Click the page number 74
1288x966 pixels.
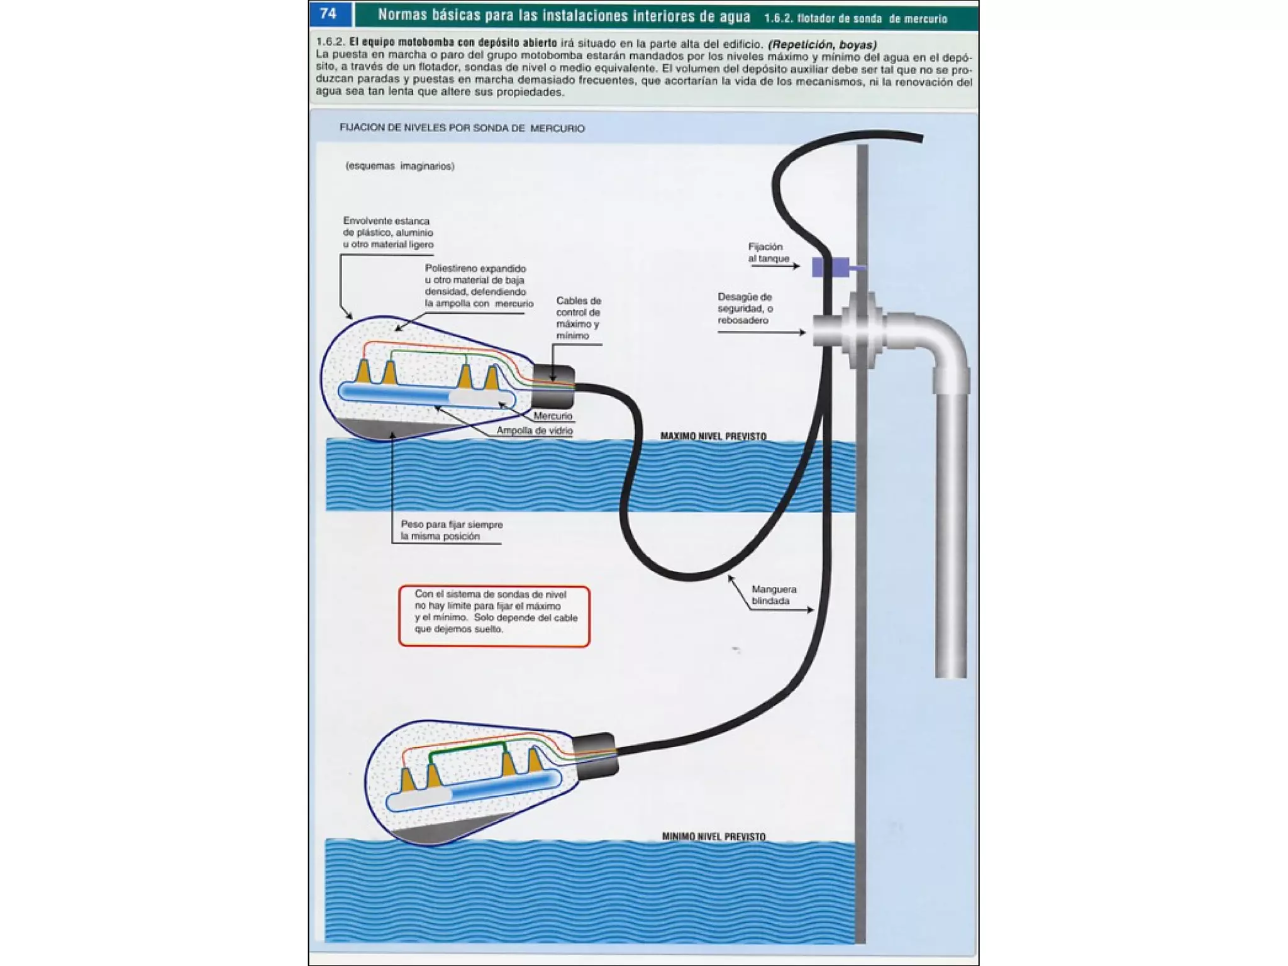click(x=328, y=14)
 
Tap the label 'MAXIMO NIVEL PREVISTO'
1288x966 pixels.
click(x=713, y=436)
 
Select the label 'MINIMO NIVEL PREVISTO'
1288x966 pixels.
click(x=714, y=836)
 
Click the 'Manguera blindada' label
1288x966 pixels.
click(x=774, y=595)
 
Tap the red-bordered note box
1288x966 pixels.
click(x=494, y=616)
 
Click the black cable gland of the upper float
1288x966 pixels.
click(x=553, y=386)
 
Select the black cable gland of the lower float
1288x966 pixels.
click(x=596, y=755)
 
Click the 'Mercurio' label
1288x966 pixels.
click(x=553, y=416)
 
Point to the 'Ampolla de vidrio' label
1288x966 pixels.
click(x=535, y=431)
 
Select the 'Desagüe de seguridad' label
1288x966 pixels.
click(x=745, y=308)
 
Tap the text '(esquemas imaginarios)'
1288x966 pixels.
click(x=400, y=166)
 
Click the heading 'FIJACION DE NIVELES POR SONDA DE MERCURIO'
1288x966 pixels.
click(x=462, y=128)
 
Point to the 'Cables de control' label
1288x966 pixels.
click(x=578, y=318)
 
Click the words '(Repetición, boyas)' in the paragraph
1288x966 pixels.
click(x=822, y=45)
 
